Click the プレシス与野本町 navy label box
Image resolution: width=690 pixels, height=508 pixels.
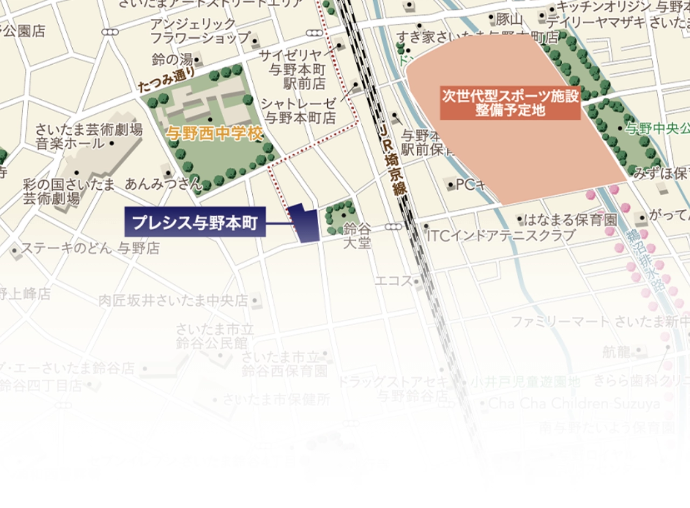[x=195, y=222]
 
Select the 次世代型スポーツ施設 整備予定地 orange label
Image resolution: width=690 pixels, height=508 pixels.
[x=510, y=102]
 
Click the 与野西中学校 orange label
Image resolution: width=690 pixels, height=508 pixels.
[x=214, y=133]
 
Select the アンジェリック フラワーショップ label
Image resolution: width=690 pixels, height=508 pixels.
[x=200, y=31]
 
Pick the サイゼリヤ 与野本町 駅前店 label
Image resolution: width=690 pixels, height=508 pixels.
[x=299, y=69]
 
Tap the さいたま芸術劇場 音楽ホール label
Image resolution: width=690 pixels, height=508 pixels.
[x=88, y=136]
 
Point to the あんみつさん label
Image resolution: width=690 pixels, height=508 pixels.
[x=163, y=184]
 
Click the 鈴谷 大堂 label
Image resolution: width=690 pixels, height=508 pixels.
[x=357, y=236]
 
